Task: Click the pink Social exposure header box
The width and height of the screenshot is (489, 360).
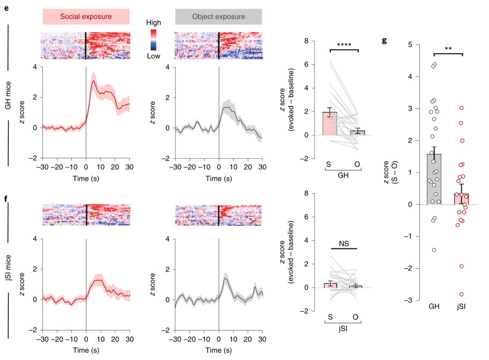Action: pos(86,17)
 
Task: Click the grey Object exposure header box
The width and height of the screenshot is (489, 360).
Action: pos(218,17)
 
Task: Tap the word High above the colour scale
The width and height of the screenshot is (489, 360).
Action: pos(154,24)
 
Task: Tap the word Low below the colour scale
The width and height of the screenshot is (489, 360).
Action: pos(154,55)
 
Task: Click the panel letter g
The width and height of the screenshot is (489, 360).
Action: pos(384,40)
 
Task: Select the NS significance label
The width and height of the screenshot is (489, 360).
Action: pos(344,243)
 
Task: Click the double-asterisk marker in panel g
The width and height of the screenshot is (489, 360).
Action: pos(447,49)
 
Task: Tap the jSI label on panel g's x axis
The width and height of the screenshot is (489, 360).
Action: pos(461,306)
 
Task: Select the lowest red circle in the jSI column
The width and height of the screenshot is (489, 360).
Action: pos(461,294)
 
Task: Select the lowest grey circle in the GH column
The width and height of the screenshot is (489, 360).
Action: pos(434,250)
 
